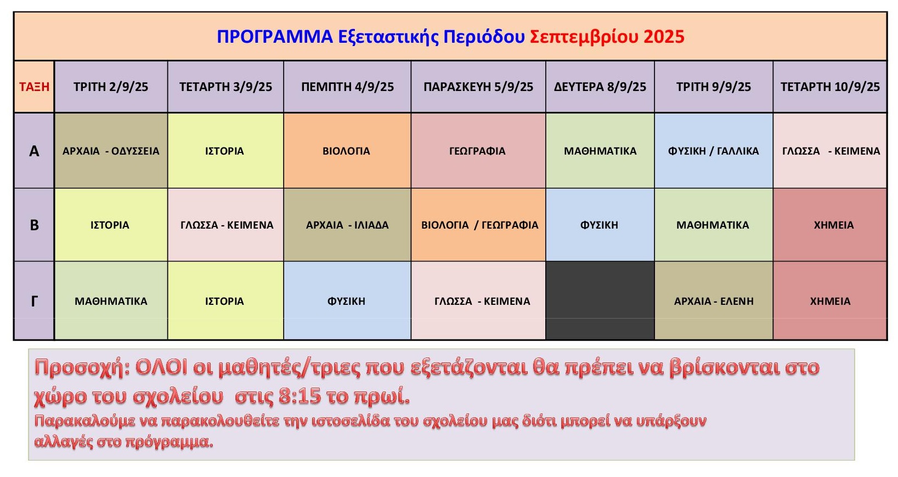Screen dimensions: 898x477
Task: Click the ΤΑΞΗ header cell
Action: [34, 87]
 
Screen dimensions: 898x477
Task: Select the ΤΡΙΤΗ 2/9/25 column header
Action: [111, 87]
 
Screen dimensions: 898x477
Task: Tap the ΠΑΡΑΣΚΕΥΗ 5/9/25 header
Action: [478, 87]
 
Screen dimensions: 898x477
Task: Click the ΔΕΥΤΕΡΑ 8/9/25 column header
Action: [600, 87]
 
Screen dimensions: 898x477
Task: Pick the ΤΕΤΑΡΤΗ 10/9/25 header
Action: [830, 87]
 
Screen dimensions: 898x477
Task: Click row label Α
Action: [34, 151]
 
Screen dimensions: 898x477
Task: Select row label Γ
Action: [34, 300]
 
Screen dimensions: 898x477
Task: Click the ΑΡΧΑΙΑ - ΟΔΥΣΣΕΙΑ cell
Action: [111, 151]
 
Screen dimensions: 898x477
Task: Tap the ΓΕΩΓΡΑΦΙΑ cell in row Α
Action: [478, 151]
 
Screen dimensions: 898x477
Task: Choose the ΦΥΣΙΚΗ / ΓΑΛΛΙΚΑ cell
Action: [714, 151]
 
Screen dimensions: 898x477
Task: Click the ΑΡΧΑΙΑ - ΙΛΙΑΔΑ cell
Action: [347, 225]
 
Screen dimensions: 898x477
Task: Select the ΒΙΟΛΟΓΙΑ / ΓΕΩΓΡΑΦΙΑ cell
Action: [478, 225]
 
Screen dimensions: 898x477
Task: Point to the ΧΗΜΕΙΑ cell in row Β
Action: [830, 225]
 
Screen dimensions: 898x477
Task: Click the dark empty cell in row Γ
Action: [600, 300]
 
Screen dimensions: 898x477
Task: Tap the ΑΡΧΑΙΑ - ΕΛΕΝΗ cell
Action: [714, 300]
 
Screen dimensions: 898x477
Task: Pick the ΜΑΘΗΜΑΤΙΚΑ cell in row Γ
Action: [111, 300]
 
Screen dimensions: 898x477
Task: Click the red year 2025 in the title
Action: [664, 37]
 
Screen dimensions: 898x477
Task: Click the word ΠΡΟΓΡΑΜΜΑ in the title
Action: [275, 37]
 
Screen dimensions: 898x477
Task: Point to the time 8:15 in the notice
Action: [300, 396]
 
